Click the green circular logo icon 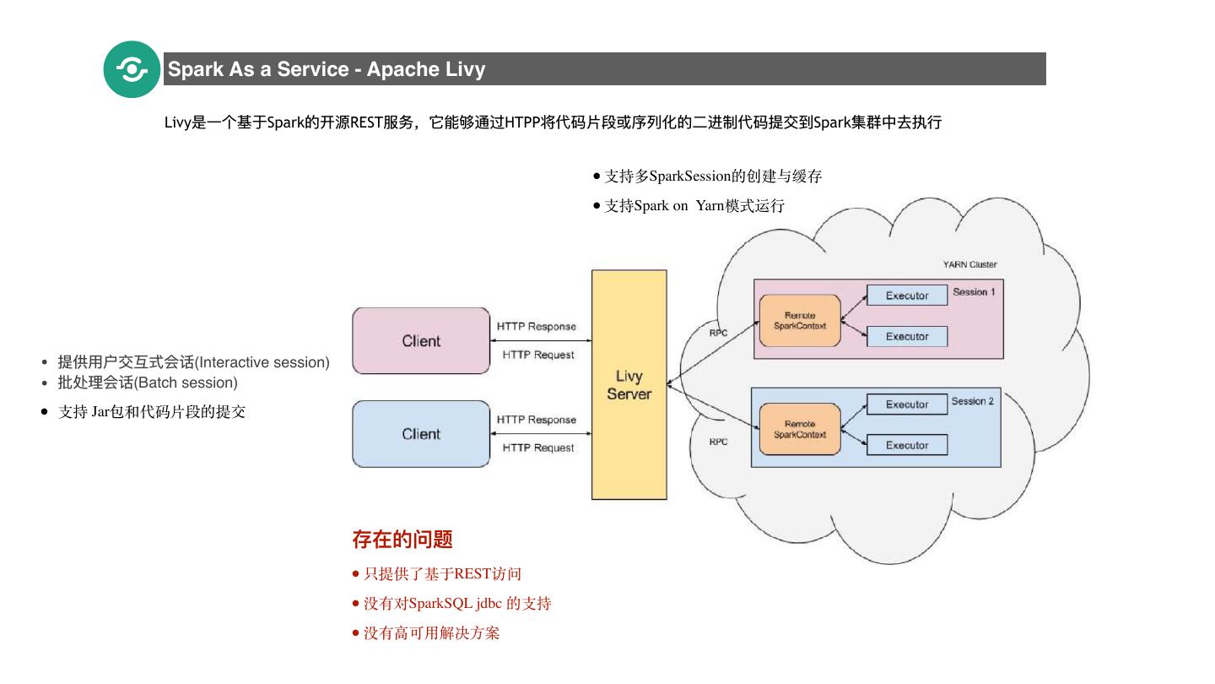click(x=132, y=69)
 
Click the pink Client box click(x=421, y=341)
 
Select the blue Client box click(x=421, y=434)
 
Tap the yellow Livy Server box click(x=629, y=384)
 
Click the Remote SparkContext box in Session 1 click(x=800, y=321)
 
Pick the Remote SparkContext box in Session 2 click(x=800, y=430)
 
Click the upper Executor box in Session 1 click(x=907, y=296)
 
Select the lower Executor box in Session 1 click(x=907, y=336)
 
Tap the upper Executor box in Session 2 click(x=907, y=404)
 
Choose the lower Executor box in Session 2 click(x=907, y=445)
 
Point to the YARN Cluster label click(x=969, y=264)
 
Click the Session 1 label click(x=975, y=292)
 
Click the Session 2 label click(x=973, y=401)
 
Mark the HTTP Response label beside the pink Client click(x=537, y=326)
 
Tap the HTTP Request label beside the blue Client click(x=538, y=448)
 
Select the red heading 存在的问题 click(x=402, y=539)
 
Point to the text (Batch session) click(x=186, y=383)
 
